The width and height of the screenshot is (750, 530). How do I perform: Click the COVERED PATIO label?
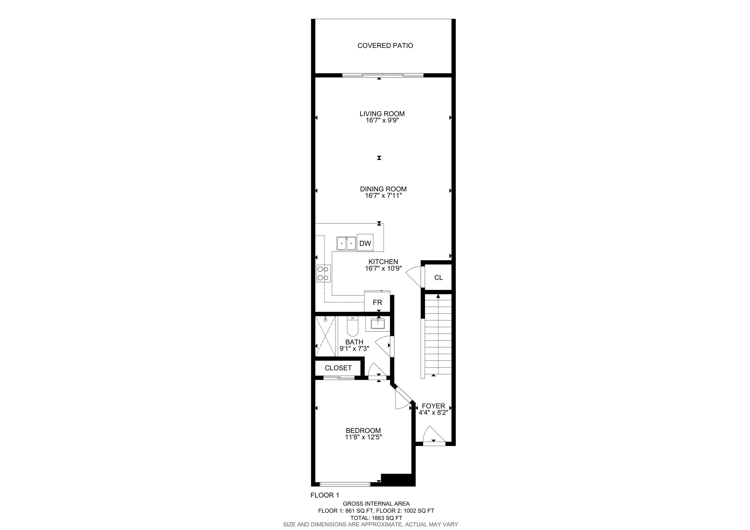pyautogui.click(x=385, y=46)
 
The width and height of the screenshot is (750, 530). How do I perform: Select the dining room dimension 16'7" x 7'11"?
pyautogui.click(x=383, y=196)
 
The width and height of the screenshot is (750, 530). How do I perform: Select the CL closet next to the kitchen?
pyautogui.click(x=438, y=278)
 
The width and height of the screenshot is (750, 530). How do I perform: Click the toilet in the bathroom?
pyautogui.click(x=353, y=326)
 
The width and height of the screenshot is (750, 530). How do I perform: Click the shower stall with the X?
pyautogui.click(x=325, y=336)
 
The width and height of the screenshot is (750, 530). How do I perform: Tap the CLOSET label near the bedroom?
pyautogui.click(x=338, y=368)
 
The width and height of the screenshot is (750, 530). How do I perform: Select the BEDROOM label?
pyautogui.click(x=363, y=431)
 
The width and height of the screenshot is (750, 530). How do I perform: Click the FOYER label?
pyautogui.click(x=433, y=406)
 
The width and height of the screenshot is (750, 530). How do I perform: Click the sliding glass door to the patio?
pyautogui.click(x=383, y=75)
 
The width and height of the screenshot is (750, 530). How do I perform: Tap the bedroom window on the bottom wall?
pyautogui.click(x=345, y=484)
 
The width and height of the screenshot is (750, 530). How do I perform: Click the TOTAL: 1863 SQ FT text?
pyautogui.click(x=376, y=518)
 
